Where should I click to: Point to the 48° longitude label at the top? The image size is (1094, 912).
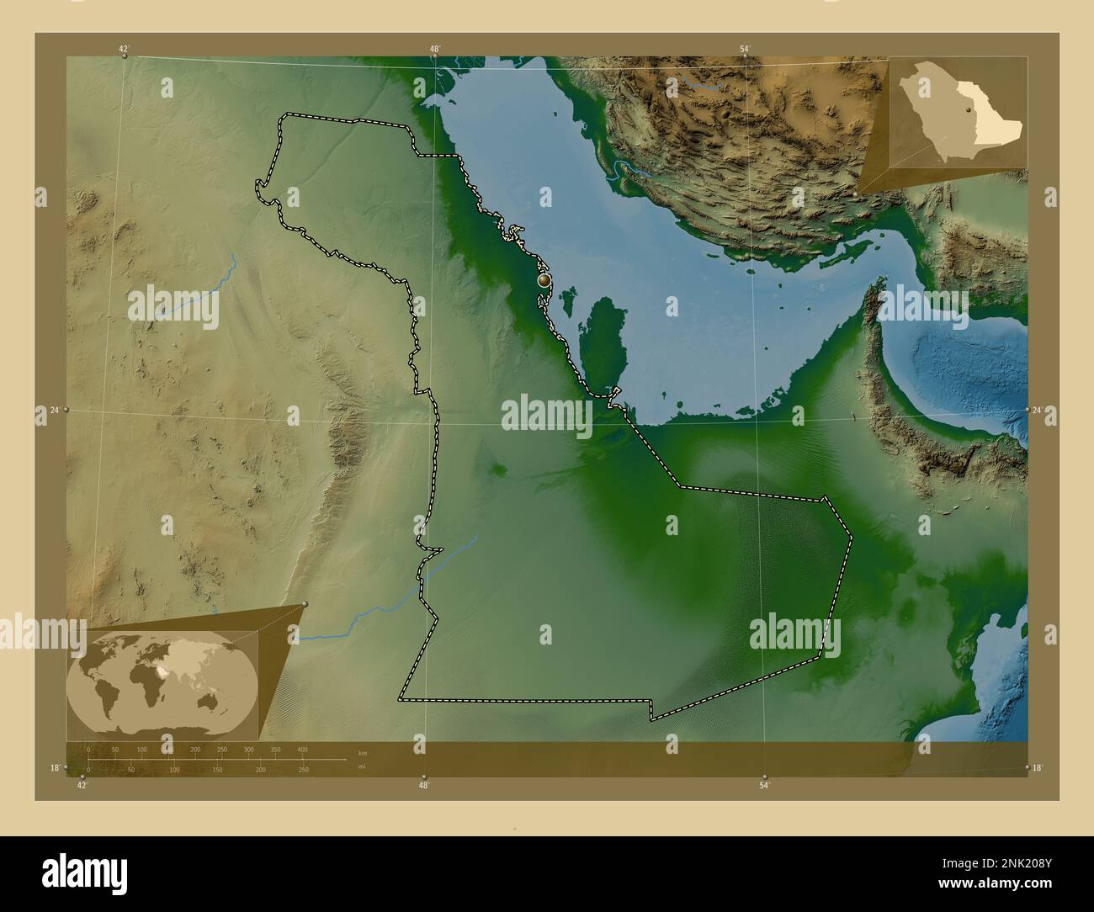[434, 49]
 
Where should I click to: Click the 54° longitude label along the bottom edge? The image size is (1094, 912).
[763, 786]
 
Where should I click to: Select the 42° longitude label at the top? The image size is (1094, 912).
[124, 49]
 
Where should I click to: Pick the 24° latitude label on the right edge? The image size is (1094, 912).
[1038, 410]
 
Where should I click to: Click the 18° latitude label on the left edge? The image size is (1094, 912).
[55, 767]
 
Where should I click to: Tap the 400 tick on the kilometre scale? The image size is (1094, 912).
[302, 749]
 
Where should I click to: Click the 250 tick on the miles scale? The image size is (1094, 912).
[302, 770]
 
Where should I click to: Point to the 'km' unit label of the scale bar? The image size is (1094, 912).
[363, 752]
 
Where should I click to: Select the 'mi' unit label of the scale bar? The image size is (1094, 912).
[362, 766]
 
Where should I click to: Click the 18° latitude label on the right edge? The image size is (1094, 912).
[1038, 767]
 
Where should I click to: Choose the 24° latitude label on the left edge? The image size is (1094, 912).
[55, 410]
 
